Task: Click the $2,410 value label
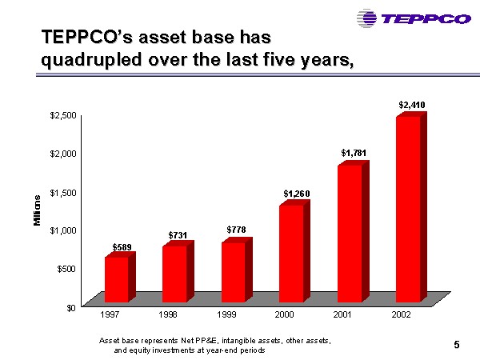[x=411, y=105]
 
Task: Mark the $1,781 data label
[x=353, y=152]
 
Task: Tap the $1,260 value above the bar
[x=295, y=193]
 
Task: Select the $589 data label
[x=122, y=246]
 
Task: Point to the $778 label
[x=236, y=230]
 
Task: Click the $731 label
[x=178, y=234]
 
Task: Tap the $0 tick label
[x=70, y=306]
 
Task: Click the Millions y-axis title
[x=38, y=210]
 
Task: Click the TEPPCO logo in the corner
[x=414, y=18]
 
